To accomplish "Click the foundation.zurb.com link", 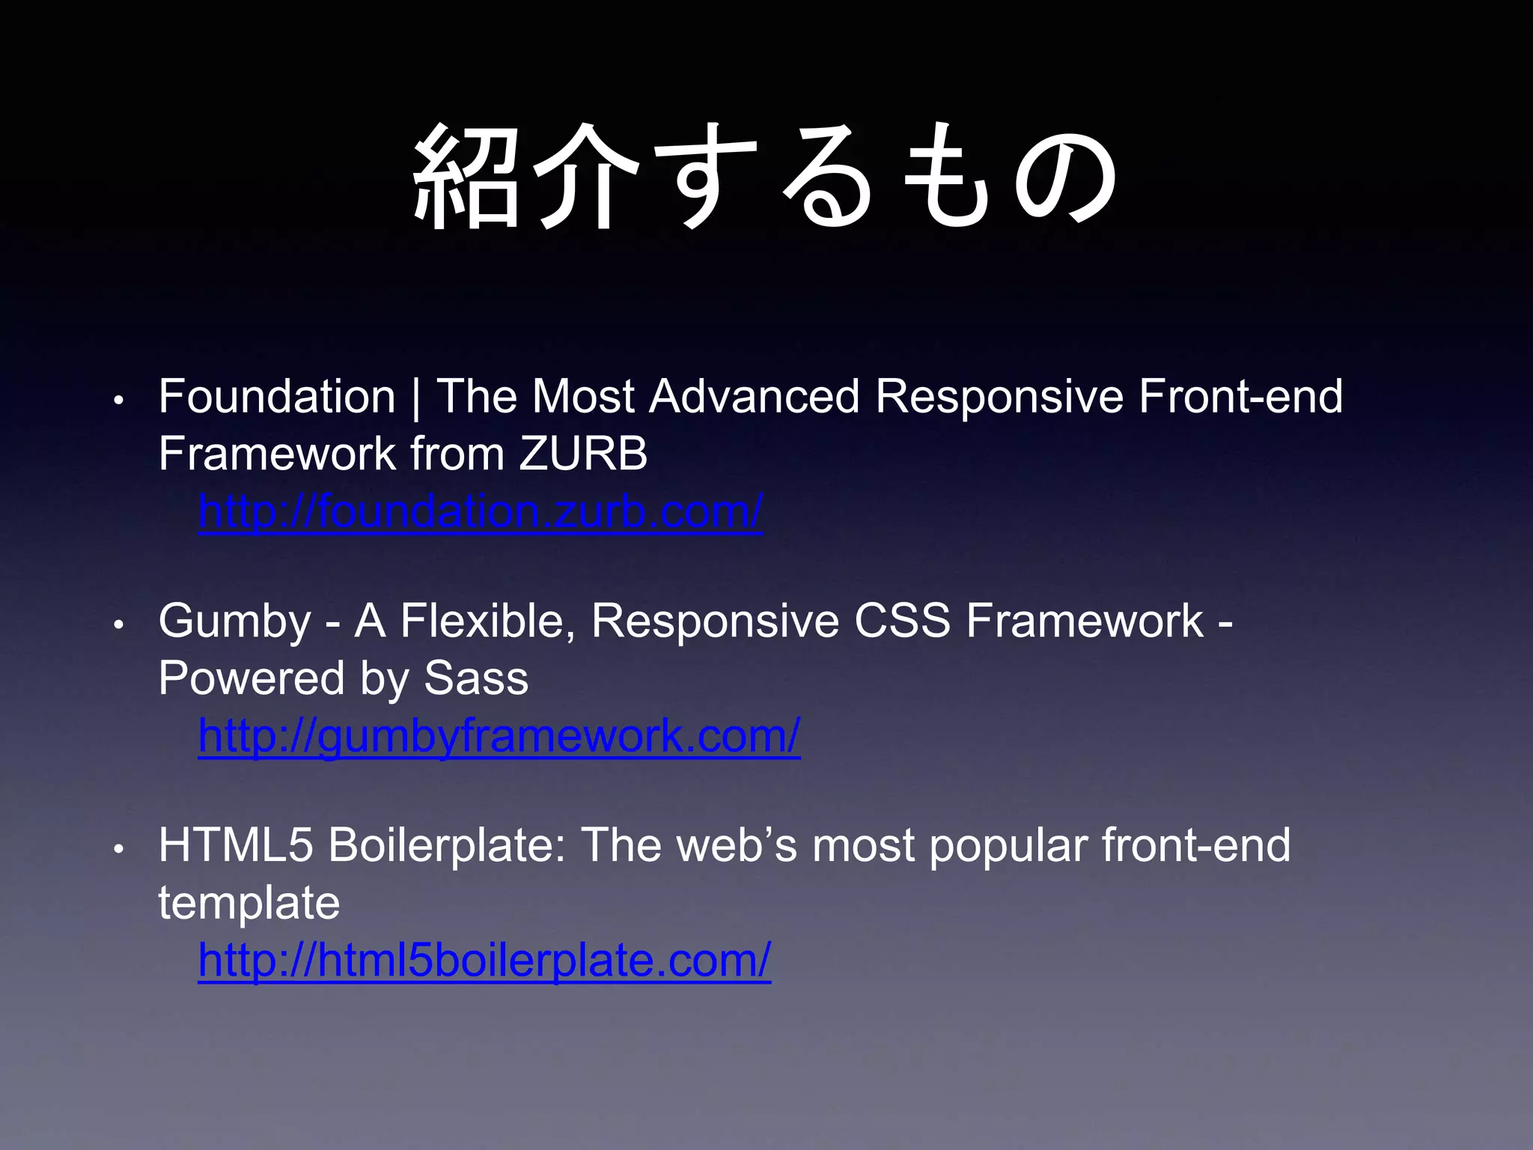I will coord(480,512).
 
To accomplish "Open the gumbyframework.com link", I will coord(499,736).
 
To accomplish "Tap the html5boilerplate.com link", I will coord(484,961).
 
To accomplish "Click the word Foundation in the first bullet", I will coord(276,396).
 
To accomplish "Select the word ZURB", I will coord(583,454).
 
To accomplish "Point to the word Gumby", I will coord(234,621).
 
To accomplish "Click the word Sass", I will coord(476,678).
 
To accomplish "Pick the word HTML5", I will coord(235,845).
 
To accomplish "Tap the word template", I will coord(249,903).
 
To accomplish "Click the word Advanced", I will coord(755,396).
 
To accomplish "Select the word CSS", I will coord(902,621).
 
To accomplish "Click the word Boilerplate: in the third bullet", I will coord(447,845).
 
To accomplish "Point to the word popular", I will coord(1008,847).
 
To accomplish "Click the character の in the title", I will coord(1065,178).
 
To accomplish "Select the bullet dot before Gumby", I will coord(118,624).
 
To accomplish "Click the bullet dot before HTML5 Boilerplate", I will coord(118,848).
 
